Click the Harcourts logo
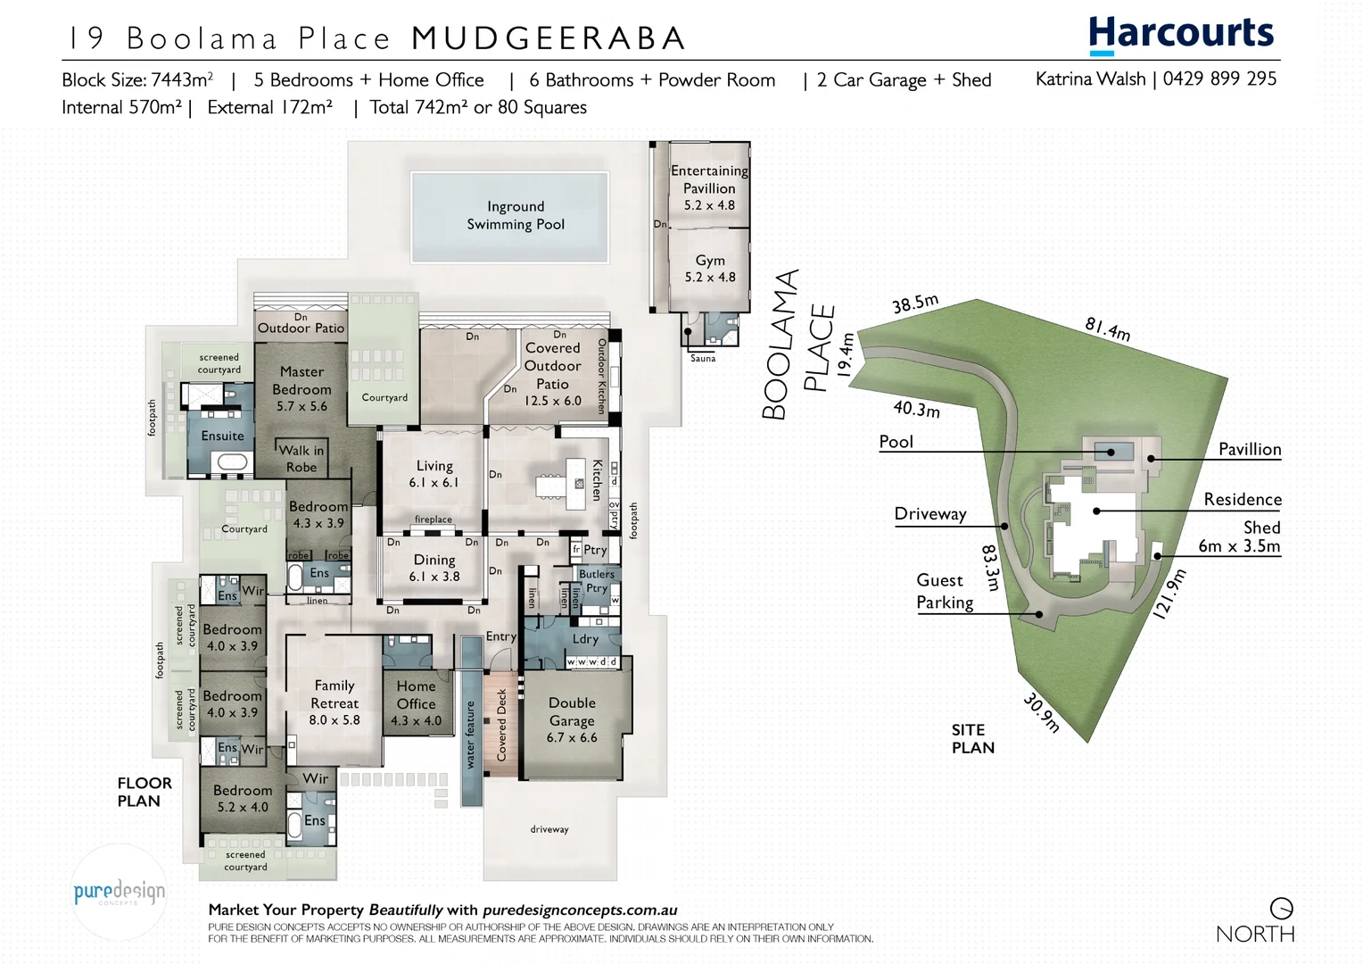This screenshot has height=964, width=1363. coord(1181,34)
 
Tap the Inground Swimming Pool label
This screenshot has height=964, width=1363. coord(516,215)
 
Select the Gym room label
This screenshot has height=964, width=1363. coord(710,268)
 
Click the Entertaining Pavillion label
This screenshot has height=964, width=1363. coord(709,187)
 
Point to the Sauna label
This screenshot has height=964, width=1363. coord(703,359)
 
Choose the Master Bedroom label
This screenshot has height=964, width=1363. coord(302,388)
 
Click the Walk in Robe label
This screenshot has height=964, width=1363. coord(302,458)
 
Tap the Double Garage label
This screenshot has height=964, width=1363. coord(572,719)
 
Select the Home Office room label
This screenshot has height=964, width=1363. coord(416,702)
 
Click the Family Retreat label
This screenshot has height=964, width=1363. coord(335,702)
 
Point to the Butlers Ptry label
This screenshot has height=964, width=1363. coord(597,580)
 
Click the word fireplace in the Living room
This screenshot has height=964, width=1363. coord(434,519)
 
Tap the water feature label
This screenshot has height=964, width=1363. coord(470,734)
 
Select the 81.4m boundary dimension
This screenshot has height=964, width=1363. coord(1108,328)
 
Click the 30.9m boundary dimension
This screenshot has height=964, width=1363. coord(1041,712)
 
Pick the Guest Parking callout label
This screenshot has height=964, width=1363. coord(945,591)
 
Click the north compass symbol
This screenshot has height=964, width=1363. coord(1282,909)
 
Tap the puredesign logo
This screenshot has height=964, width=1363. coord(119,892)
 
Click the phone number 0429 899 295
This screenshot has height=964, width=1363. coord(1219,79)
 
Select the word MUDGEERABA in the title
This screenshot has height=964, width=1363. coord(549,38)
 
